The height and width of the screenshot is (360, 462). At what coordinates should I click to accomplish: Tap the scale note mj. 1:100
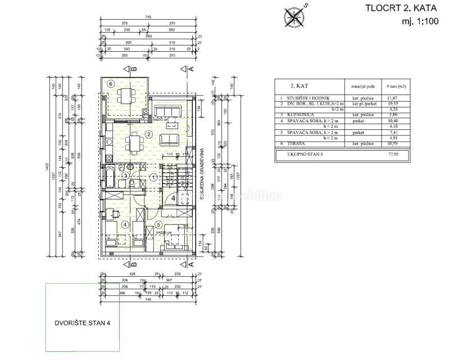click(419, 22)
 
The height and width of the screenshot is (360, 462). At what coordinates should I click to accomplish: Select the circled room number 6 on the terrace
click(111, 83)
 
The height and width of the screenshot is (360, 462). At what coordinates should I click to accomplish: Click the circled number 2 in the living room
click(148, 134)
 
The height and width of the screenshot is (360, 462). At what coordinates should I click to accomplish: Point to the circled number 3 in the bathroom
click(126, 176)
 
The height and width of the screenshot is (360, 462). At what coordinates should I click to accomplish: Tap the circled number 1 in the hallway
click(153, 177)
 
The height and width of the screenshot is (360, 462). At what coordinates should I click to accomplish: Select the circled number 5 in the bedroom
click(158, 224)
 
